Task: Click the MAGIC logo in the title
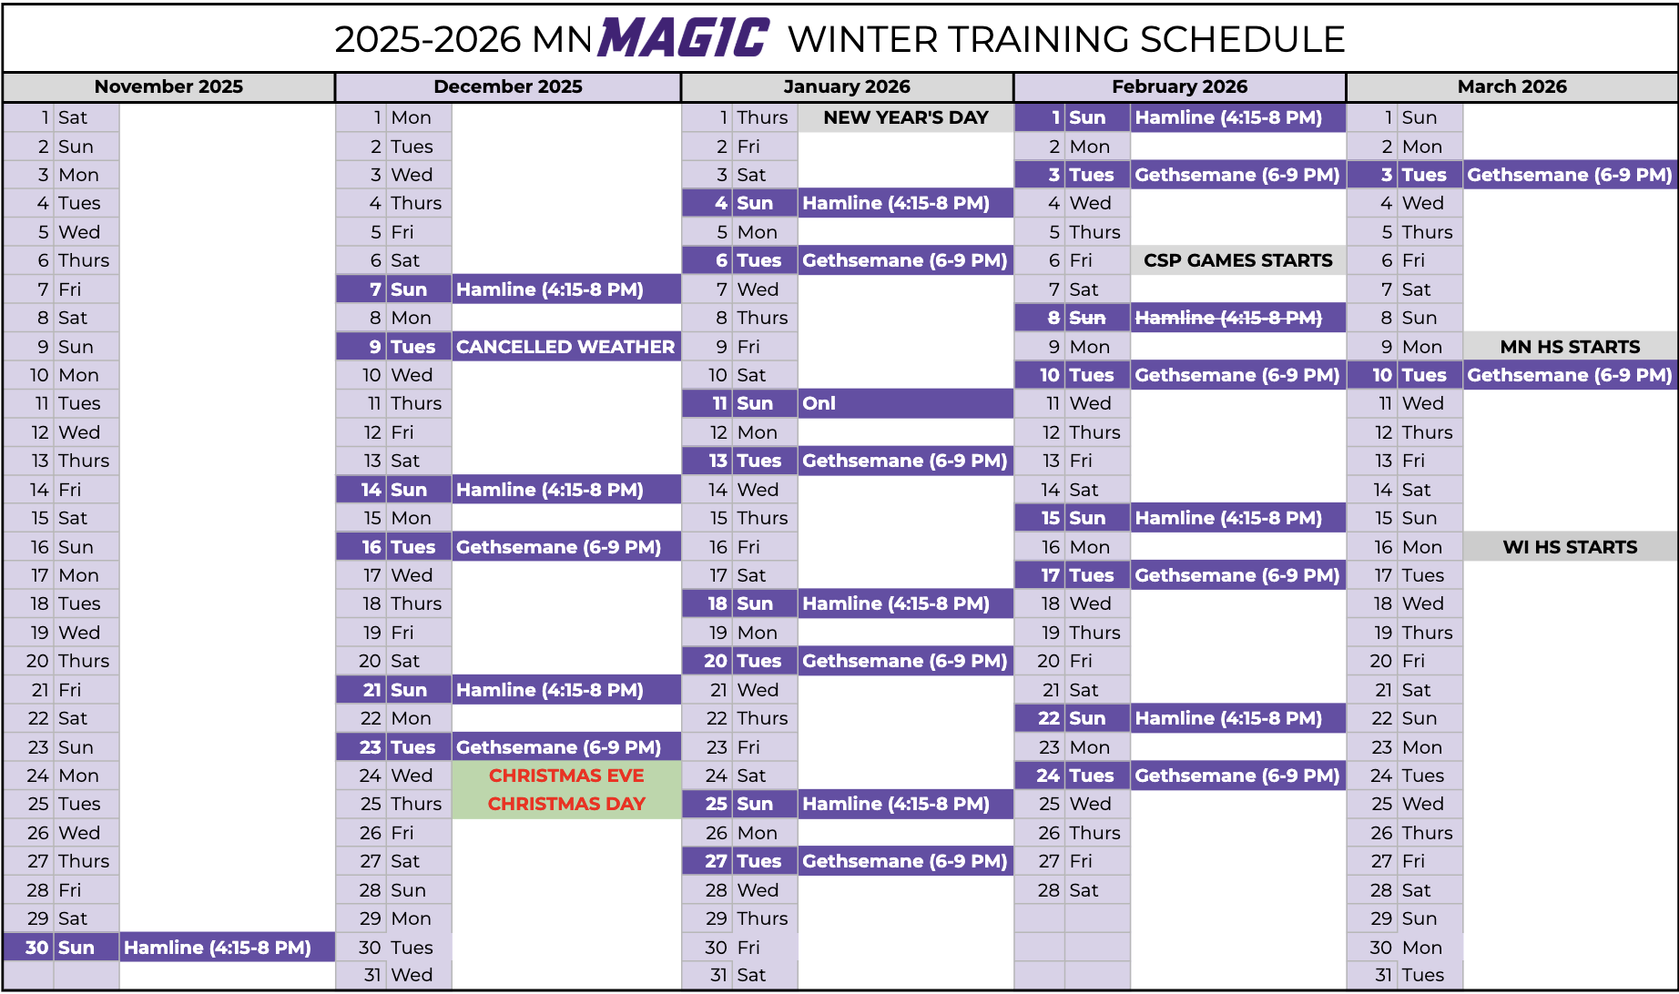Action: (684, 37)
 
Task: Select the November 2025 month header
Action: (168, 86)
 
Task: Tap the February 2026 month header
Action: (1179, 86)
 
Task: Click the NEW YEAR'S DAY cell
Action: (906, 117)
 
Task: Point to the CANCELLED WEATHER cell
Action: (565, 347)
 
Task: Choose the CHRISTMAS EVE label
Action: (566, 776)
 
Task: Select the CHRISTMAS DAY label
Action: (566, 804)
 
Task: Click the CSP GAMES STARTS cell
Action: (1238, 260)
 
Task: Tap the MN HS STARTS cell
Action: (1571, 347)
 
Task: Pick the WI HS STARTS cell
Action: (1571, 547)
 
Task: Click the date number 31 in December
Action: (372, 975)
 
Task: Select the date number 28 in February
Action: (1049, 890)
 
